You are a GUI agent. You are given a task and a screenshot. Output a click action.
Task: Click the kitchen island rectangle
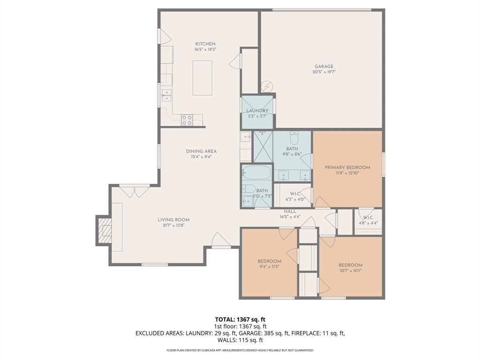click(x=202, y=78)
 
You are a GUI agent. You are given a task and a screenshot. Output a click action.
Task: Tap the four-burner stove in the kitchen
click(x=187, y=120)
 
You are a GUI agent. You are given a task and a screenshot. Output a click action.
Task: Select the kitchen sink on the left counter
click(x=166, y=96)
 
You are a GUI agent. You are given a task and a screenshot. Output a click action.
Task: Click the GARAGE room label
click(x=324, y=67)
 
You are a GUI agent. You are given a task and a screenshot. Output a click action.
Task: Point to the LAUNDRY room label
click(x=257, y=111)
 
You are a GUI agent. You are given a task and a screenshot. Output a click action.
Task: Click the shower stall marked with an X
click(x=262, y=146)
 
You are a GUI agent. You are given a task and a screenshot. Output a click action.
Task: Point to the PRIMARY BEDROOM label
click(x=347, y=167)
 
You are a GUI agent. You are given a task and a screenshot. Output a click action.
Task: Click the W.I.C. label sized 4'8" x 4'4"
click(x=367, y=217)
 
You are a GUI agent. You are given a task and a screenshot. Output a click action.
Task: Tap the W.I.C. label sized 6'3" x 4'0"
click(x=295, y=194)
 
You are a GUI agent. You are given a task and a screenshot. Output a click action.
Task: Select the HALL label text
click(x=290, y=211)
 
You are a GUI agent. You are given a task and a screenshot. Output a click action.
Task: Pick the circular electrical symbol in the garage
click(x=267, y=86)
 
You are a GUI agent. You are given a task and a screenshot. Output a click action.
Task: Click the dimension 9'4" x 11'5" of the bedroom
click(x=269, y=267)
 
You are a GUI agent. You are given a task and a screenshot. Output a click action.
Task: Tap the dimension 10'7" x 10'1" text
click(x=350, y=270)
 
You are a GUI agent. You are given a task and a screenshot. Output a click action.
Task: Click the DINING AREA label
click(x=201, y=151)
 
